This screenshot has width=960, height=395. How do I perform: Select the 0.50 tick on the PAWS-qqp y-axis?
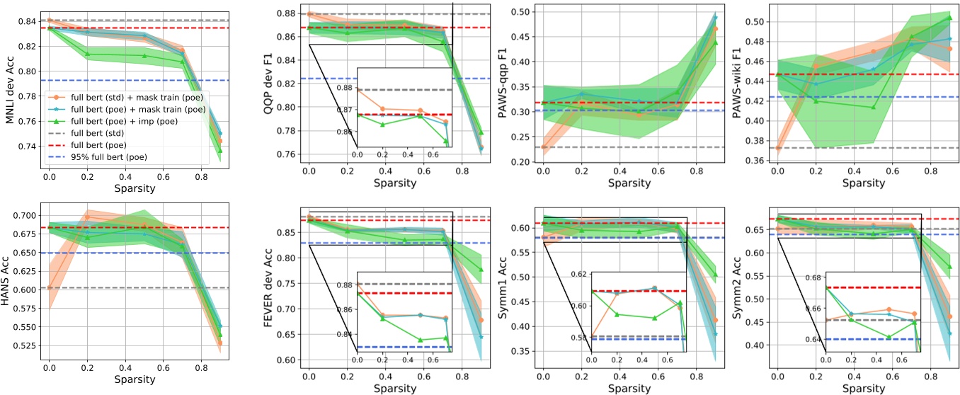click(x=522, y=12)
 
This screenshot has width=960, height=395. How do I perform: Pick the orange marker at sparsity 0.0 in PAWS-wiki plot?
click(x=779, y=148)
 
